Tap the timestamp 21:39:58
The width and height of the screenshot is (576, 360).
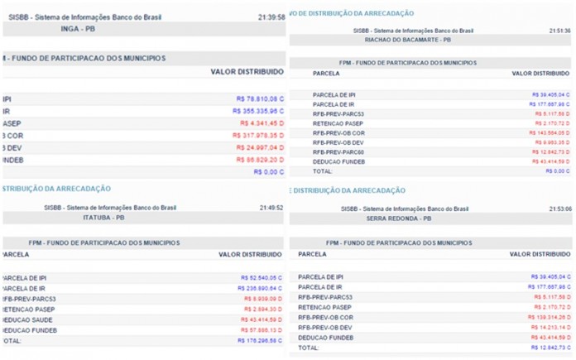(271, 17)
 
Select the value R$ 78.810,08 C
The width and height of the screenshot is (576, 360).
(258, 98)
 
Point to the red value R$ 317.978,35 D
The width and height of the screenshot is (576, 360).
(257, 135)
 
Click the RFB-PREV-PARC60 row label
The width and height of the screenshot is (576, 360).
(338, 151)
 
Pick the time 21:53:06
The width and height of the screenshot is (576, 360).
(559, 209)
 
